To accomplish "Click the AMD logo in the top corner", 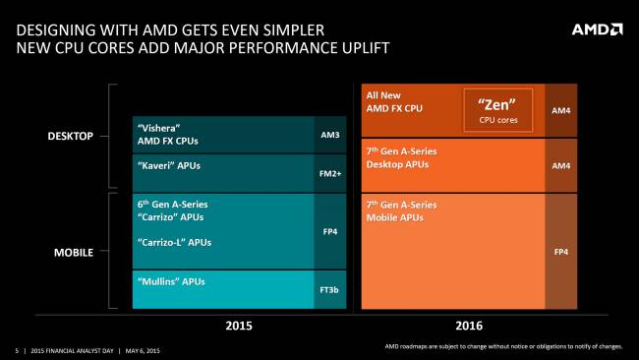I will [596, 30].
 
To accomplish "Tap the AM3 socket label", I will [329, 134].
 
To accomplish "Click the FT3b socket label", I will [329, 290].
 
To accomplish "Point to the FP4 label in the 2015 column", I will [329, 231].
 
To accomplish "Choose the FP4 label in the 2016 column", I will [561, 252].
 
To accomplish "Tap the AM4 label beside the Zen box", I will [561, 110].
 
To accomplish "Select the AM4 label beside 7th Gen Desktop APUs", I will [561, 165].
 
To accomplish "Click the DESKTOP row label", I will [71, 136].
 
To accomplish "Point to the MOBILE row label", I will [74, 252].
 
